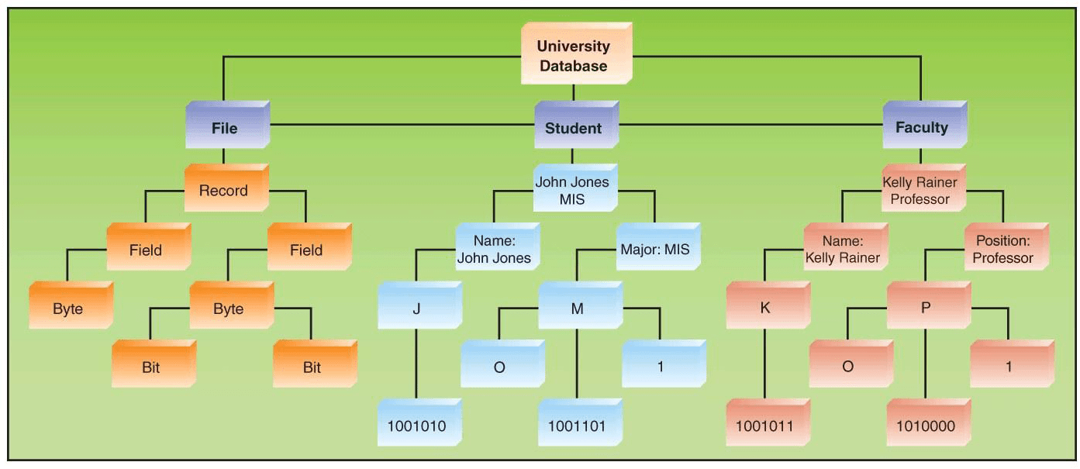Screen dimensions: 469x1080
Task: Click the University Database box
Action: (x=574, y=56)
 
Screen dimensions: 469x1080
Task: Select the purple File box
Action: (x=225, y=128)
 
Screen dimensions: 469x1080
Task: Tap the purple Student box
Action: (x=574, y=128)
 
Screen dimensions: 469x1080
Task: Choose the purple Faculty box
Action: (x=922, y=128)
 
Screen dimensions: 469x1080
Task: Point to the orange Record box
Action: (x=224, y=191)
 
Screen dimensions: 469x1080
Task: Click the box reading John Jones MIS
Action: (x=572, y=191)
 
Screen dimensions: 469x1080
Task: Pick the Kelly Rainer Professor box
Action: (x=920, y=191)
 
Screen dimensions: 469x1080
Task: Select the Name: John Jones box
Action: (x=494, y=250)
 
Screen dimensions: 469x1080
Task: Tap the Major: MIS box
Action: (x=655, y=250)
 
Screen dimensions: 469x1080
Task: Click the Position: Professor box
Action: (x=1003, y=250)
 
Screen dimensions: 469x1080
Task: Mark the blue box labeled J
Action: (x=417, y=309)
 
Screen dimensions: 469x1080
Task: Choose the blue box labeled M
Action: (x=577, y=309)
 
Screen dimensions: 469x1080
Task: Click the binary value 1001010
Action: (x=417, y=426)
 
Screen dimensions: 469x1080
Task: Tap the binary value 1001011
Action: (x=765, y=426)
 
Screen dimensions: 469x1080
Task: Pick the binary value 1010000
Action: (x=926, y=426)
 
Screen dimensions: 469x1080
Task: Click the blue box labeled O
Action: (x=499, y=367)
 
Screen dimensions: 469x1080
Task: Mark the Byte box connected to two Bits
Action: (x=229, y=309)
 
